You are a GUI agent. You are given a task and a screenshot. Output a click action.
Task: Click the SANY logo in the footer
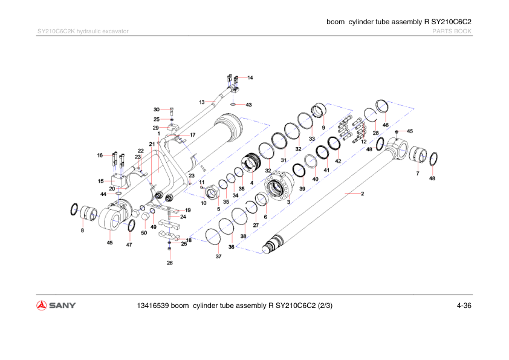pyautogui.click(x=56, y=305)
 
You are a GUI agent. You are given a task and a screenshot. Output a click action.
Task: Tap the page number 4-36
pyautogui.click(x=464, y=305)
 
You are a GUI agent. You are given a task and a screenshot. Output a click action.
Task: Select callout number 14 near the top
pyautogui.click(x=250, y=78)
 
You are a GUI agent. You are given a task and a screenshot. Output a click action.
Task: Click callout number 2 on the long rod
pyautogui.click(x=362, y=194)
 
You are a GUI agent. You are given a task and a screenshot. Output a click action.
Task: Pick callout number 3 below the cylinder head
pyautogui.click(x=289, y=201)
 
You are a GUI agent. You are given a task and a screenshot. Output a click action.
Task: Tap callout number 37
pyautogui.click(x=218, y=257)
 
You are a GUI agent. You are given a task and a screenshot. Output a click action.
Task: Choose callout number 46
pyautogui.click(x=385, y=125)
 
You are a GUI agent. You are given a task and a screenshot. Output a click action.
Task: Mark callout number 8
pyautogui.click(x=82, y=231)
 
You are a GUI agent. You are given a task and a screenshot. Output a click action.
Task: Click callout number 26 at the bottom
pyautogui.click(x=170, y=263)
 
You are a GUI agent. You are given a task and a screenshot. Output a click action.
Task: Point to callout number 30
pyautogui.click(x=156, y=110)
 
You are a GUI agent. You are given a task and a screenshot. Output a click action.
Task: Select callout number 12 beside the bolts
pyautogui.click(x=364, y=141)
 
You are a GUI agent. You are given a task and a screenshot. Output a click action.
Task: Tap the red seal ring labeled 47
pyautogui.click(x=131, y=226)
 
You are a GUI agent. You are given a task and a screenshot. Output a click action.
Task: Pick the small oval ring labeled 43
pyautogui.click(x=234, y=104)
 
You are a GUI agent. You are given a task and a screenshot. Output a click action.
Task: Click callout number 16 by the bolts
pyautogui.click(x=100, y=155)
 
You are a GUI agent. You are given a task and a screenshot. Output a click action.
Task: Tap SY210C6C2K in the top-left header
pyautogui.click(x=56, y=31)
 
